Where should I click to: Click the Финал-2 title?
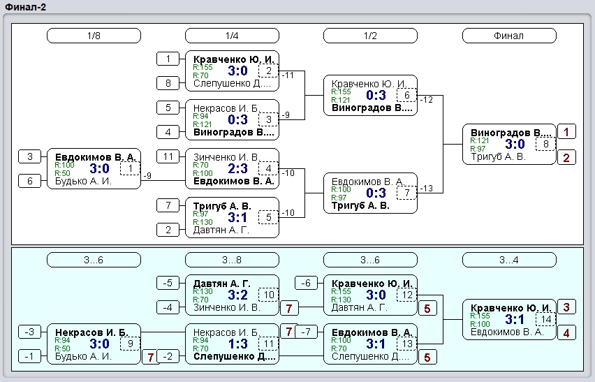pos(25,7)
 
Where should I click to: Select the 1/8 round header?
pos(94,36)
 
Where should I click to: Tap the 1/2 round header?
pos(370,36)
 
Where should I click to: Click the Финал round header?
pos(509,36)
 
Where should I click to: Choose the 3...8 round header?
pos(232,260)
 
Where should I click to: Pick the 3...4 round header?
pos(509,260)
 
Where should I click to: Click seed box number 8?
pos(168,83)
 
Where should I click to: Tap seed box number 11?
pos(168,156)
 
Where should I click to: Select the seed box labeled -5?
pos(168,283)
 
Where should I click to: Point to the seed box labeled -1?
pos(29,356)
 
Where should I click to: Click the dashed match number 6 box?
pos(406,95)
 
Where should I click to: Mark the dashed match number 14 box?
pos(545,319)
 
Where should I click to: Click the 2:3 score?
pos(238,168)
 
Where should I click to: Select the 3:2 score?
pos(238,295)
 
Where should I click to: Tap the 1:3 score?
pos(238,344)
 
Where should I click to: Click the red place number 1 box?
pos(566,131)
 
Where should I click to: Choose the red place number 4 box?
pos(566,332)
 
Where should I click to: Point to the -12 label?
pos(427,100)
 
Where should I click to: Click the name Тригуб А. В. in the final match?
pos(498,156)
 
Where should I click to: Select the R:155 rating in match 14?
pos(480,316)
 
